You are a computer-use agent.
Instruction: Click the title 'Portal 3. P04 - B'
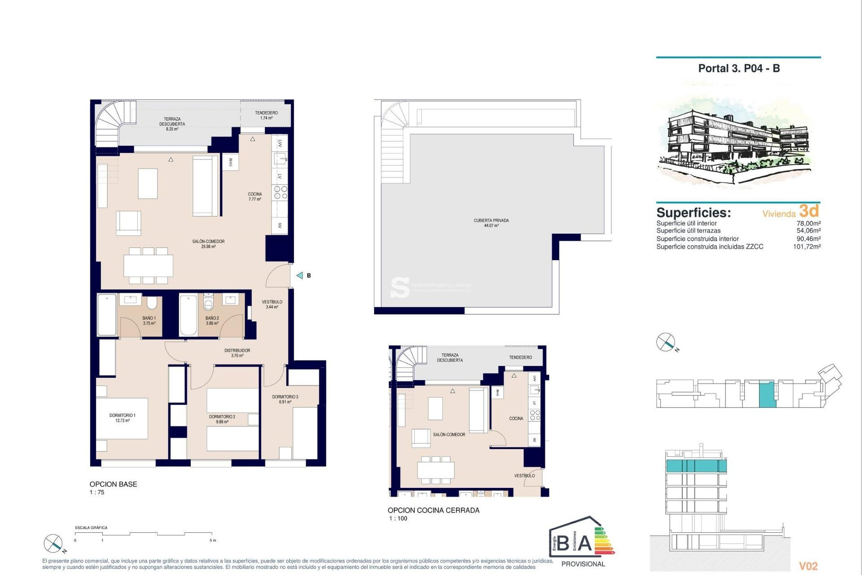[739, 68]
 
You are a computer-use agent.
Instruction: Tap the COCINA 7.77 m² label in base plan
[255, 196]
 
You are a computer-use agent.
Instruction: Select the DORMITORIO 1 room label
[122, 418]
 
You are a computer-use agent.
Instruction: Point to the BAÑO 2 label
[212, 320]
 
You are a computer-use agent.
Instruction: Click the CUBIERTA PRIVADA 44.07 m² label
[491, 223]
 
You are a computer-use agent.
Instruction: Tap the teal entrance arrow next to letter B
[299, 275]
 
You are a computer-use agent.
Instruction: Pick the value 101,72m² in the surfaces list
[806, 247]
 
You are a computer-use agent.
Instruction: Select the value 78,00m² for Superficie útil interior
[808, 223]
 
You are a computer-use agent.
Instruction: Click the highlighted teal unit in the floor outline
[767, 394]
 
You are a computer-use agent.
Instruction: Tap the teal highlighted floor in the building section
[696, 466]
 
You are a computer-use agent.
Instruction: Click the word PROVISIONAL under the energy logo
[583, 564]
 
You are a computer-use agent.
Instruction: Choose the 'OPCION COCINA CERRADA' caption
[433, 510]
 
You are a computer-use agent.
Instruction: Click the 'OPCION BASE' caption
[113, 484]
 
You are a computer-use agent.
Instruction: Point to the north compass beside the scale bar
[53, 544]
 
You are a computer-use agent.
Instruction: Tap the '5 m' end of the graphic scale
[213, 540]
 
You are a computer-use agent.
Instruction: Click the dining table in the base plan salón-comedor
[148, 265]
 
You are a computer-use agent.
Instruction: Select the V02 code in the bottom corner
[808, 566]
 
